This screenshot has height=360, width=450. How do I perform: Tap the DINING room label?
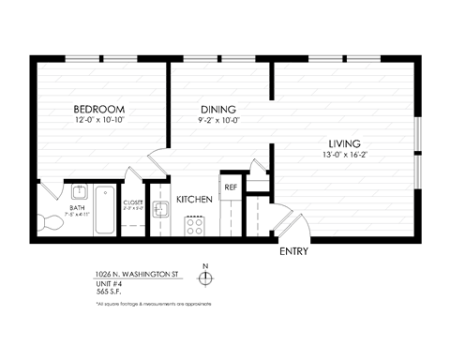click(x=217, y=109)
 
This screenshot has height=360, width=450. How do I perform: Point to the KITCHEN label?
click(x=193, y=200)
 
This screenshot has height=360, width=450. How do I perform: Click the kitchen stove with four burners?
click(x=196, y=225)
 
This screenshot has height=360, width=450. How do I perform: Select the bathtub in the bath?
click(x=104, y=213)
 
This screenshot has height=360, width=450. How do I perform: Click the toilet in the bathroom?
click(x=44, y=223)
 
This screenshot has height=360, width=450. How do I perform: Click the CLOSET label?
click(x=133, y=202)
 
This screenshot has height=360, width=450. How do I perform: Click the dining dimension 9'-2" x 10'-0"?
click(x=217, y=120)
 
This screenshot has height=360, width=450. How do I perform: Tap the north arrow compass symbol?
click(x=205, y=277)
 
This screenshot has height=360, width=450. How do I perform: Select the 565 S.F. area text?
click(x=110, y=292)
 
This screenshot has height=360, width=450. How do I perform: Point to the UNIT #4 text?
click(x=108, y=283)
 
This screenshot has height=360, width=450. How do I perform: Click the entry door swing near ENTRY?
click(x=292, y=228)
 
